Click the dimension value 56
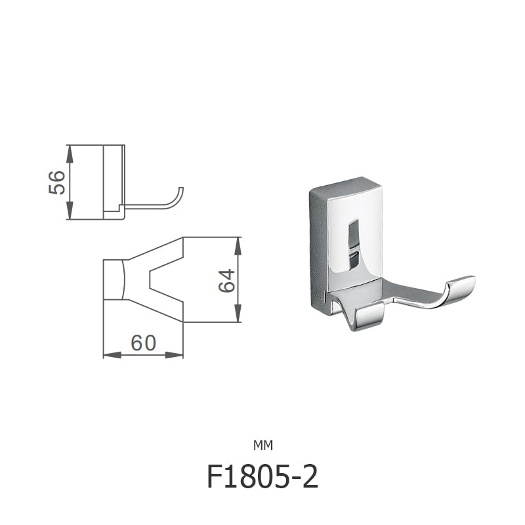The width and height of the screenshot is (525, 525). (57, 182)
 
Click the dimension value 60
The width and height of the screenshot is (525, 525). (144, 343)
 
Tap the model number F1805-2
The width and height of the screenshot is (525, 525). (262, 477)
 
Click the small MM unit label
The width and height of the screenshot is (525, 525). (262, 446)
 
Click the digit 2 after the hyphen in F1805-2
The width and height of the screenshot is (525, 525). (310, 477)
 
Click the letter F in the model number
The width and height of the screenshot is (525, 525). (215, 477)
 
